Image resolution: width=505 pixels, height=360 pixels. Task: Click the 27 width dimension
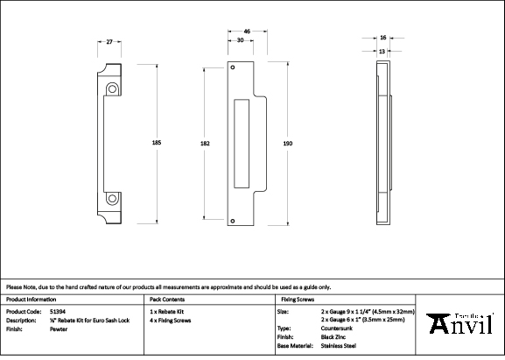pyautogui.click(x=109, y=41)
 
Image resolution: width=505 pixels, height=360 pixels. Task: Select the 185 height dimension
pyautogui.click(x=157, y=143)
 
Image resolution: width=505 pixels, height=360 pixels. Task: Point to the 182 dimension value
pyautogui.click(x=205, y=143)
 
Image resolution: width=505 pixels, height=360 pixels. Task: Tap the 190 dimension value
pyautogui.click(x=289, y=143)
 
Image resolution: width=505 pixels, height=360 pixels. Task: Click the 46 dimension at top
pyautogui.click(x=247, y=31)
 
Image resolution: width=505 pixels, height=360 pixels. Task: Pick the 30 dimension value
pyautogui.click(x=240, y=41)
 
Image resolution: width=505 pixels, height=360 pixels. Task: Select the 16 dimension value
pyautogui.click(x=382, y=38)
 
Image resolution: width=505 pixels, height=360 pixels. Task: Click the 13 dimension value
pyautogui.click(x=382, y=51)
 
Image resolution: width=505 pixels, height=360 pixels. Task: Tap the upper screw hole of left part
pyautogui.click(x=113, y=88)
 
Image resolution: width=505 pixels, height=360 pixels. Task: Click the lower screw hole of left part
pyautogui.click(x=113, y=197)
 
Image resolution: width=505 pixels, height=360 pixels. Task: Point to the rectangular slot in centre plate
pyautogui.click(x=242, y=143)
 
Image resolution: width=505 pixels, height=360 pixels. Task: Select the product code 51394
pyautogui.click(x=57, y=311)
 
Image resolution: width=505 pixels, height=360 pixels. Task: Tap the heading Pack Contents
pyautogui.click(x=167, y=299)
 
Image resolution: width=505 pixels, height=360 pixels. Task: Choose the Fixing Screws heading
pyautogui.click(x=297, y=299)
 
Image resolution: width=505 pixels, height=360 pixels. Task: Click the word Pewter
pyautogui.click(x=60, y=328)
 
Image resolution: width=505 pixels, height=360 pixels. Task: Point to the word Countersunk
pyautogui.click(x=339, y=328)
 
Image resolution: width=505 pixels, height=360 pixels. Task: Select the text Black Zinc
pyautogui.click(x=336, y=336)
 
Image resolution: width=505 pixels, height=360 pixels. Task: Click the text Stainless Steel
pyautogui.click(x=339, y=345)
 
